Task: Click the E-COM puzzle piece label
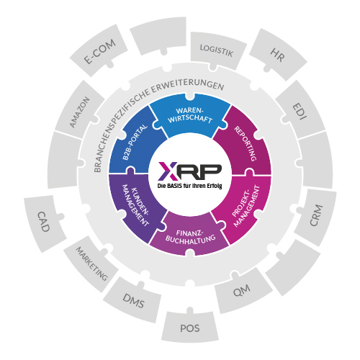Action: [100, 52]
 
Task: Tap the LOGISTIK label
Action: [217, 51]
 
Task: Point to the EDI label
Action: [300, 112]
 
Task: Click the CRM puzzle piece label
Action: [316, 215]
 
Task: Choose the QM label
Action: [242, 291]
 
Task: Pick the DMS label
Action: [133, 301]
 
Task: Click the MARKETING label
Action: [92, 264]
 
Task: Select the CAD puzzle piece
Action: [45, 223]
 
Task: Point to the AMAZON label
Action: [80, 112]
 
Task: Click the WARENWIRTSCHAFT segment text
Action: [190, 115]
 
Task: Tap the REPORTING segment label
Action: [246, 143]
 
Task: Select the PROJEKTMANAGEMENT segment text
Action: [246, 206]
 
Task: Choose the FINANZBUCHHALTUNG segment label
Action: [190, 237]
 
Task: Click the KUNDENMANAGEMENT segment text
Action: [135, 205]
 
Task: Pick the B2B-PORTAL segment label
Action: [135, 142]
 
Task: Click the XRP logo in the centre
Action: [190, 171]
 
